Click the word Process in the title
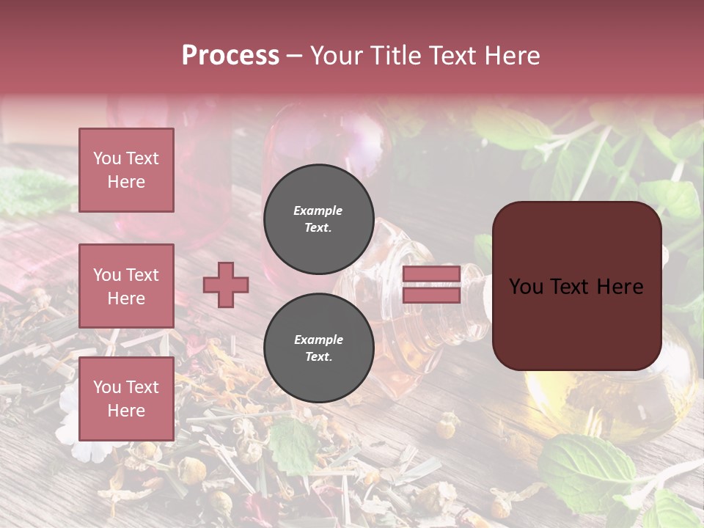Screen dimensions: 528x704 point(230,56)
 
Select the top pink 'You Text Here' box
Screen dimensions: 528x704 point(126,170)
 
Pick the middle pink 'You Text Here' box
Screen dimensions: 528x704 point(126,286)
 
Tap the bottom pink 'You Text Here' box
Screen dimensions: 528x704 point(126,399)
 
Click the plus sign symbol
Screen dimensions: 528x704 point(226,285)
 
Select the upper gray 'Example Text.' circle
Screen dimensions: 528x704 point(318,219)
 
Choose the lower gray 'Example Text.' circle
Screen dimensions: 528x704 point(318,348)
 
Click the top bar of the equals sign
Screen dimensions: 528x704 point(431,274)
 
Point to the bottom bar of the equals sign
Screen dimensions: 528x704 point(431,296)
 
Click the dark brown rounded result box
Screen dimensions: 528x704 point(576,286)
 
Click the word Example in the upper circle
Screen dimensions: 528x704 point(318,210)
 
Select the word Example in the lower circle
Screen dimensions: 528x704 point(318,340)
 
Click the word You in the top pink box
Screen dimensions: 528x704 point(107,158)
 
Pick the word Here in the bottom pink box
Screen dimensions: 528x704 point(126,411)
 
